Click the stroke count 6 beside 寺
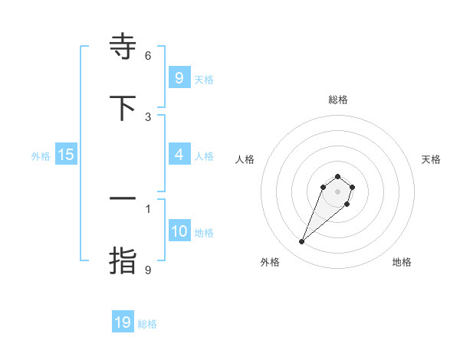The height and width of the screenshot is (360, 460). pyautogui.click(x=148, y=56)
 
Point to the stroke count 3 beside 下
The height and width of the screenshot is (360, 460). pyautogui.click(x=148, y=117)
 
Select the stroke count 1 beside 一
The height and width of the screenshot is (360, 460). pyautogui.click(x=148, y=208)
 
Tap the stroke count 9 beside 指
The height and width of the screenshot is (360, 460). pyautogui.click(x=148, y=270)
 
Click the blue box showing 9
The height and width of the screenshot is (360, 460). pyautogui.click(x=179, y=77)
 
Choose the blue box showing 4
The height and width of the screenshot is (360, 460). pyautogui.click(x=179, y=155)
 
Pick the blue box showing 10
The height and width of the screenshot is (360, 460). pyautogui.click(x=179, y=231)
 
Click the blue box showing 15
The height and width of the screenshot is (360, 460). pyautogui.click(x=66, y=155)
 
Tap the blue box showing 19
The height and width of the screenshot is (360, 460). pyautogui.click(x=123, y=322)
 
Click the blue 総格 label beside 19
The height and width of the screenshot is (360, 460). pyautogui.click(x=147, y=324)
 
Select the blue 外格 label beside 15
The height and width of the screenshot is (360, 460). pyautogui.click(x=41, y=156)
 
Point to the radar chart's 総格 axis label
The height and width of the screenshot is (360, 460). pyautogui.click(x=337, y=100)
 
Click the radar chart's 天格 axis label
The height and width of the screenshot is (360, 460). pyautogui.click(x=431, y=159)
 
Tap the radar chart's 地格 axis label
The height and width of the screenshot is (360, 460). pyautogui.click(x=402, y=262)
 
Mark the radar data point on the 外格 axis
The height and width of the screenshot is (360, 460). pyautogui.click(x=302, y=242)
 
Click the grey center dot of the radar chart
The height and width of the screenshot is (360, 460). pyautogui.click(x=337, y=191)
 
